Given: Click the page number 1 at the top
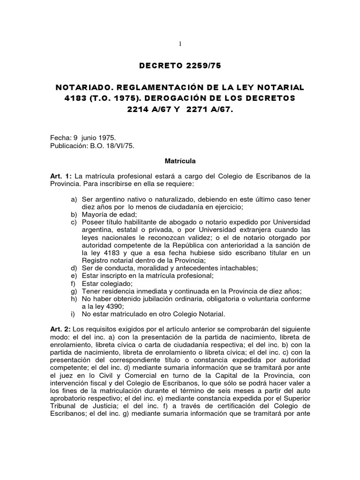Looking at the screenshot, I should click(x=180, y=44).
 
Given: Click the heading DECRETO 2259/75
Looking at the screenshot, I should click(x=180, y=66).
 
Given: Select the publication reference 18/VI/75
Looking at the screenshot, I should click(x=121, y=146).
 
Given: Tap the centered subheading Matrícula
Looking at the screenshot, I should click(x=180, y=161).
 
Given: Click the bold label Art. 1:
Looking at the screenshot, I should click(x=61, y=176).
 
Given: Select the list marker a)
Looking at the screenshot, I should click(x=74, y=199).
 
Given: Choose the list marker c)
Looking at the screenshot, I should click(x=74, y=222).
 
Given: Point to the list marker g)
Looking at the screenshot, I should click(x=74, y=291).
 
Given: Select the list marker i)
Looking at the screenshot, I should click(x=74, y=314).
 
